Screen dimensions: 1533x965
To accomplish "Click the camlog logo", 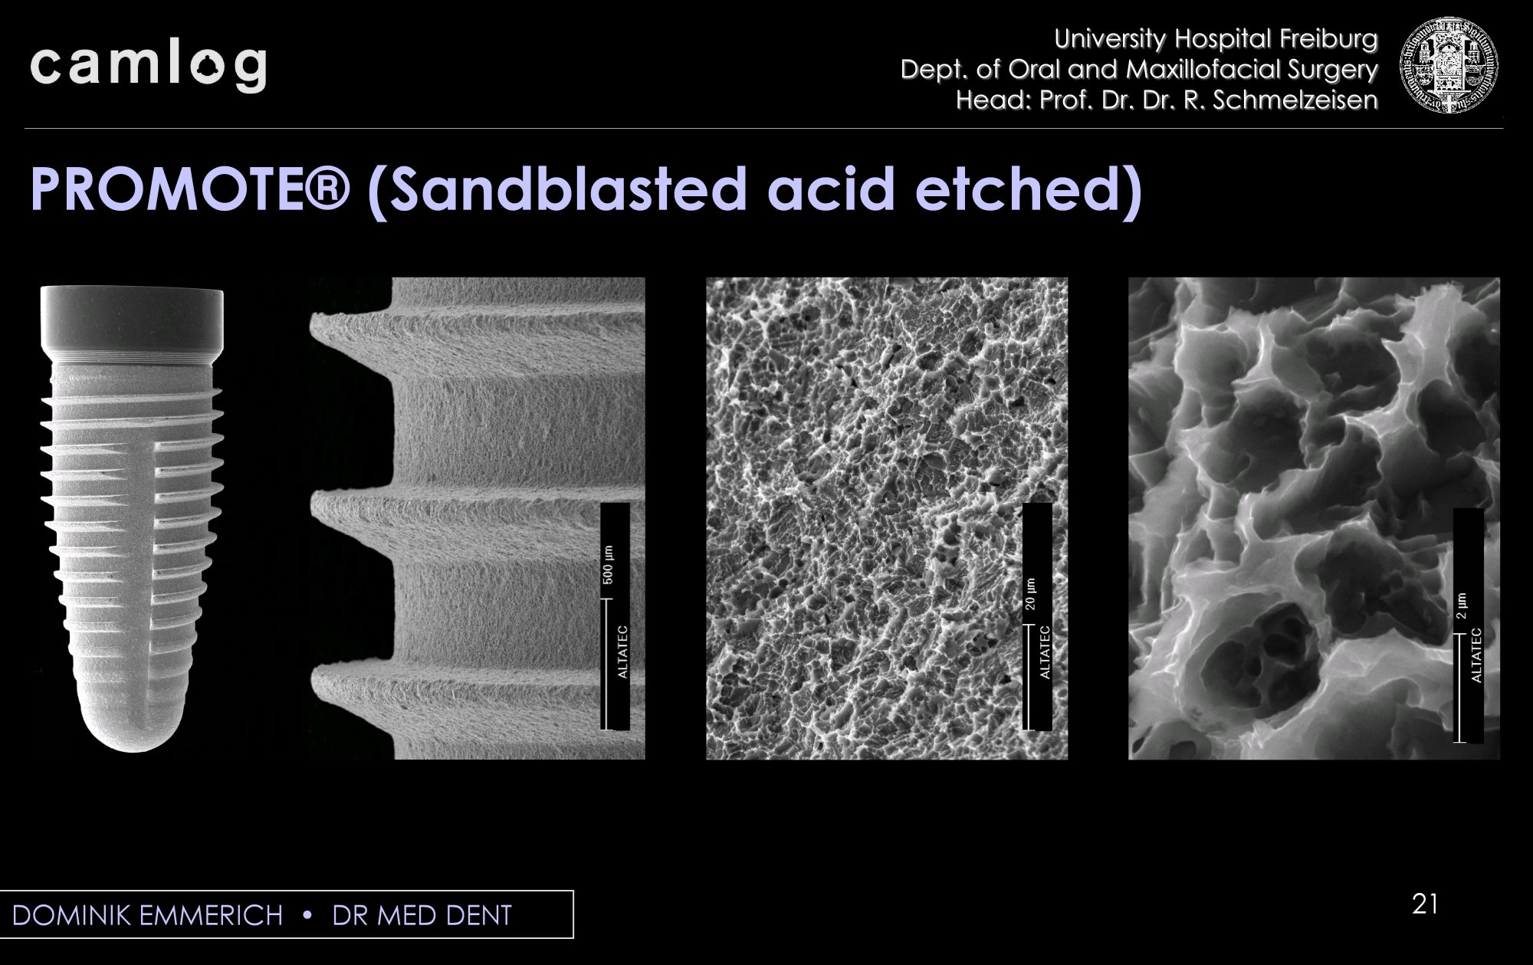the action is point(149,67).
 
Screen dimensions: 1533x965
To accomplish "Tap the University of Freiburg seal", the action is point(1449,66).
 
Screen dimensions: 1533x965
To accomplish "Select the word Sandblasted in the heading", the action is point(568,189).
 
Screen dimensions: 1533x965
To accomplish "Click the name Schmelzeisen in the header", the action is point(1295,100).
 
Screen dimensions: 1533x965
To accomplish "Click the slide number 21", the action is point(1425,904).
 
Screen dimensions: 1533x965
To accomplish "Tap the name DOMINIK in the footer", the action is point(73,915).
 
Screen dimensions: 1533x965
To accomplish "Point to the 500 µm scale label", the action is point(608,565).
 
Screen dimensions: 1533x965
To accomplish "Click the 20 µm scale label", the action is point(1031,594).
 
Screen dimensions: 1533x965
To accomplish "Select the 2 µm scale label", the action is point(1462,606).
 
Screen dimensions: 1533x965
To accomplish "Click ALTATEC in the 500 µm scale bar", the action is point(622,652).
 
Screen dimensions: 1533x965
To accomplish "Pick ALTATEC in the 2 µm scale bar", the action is point(1476,655).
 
